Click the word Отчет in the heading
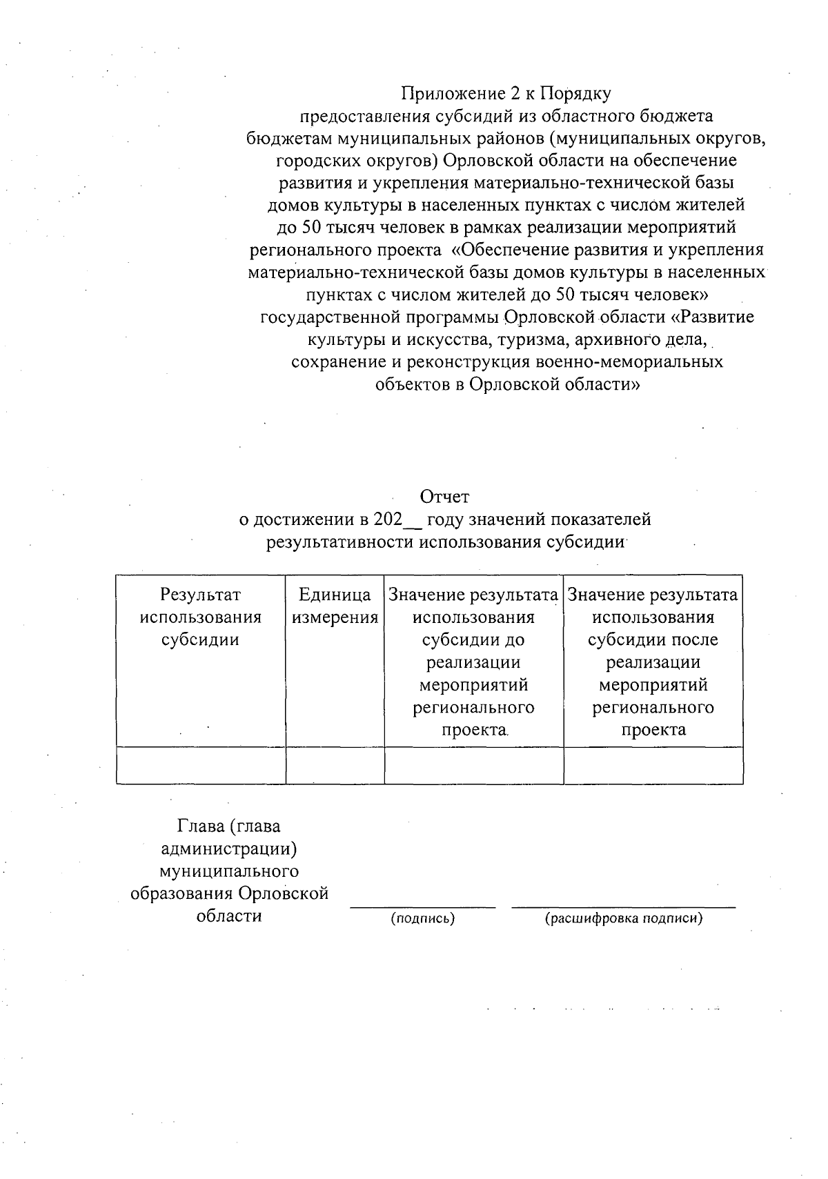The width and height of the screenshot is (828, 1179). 445,497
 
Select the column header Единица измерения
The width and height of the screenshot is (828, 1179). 335,606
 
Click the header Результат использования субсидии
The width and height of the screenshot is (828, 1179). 200,617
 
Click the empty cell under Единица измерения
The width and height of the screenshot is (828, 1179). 335,765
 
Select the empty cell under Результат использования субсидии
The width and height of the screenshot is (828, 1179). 200,765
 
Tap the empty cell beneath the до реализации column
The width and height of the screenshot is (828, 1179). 473,765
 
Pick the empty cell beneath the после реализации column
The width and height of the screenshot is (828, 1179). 653,765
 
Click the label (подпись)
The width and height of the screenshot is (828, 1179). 422,919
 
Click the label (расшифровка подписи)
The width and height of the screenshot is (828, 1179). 623,919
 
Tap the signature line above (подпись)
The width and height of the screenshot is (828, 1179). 422,906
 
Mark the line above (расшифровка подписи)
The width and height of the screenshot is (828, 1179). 623,906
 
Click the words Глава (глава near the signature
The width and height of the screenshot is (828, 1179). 229,826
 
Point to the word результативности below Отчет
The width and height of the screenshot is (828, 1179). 339,542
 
